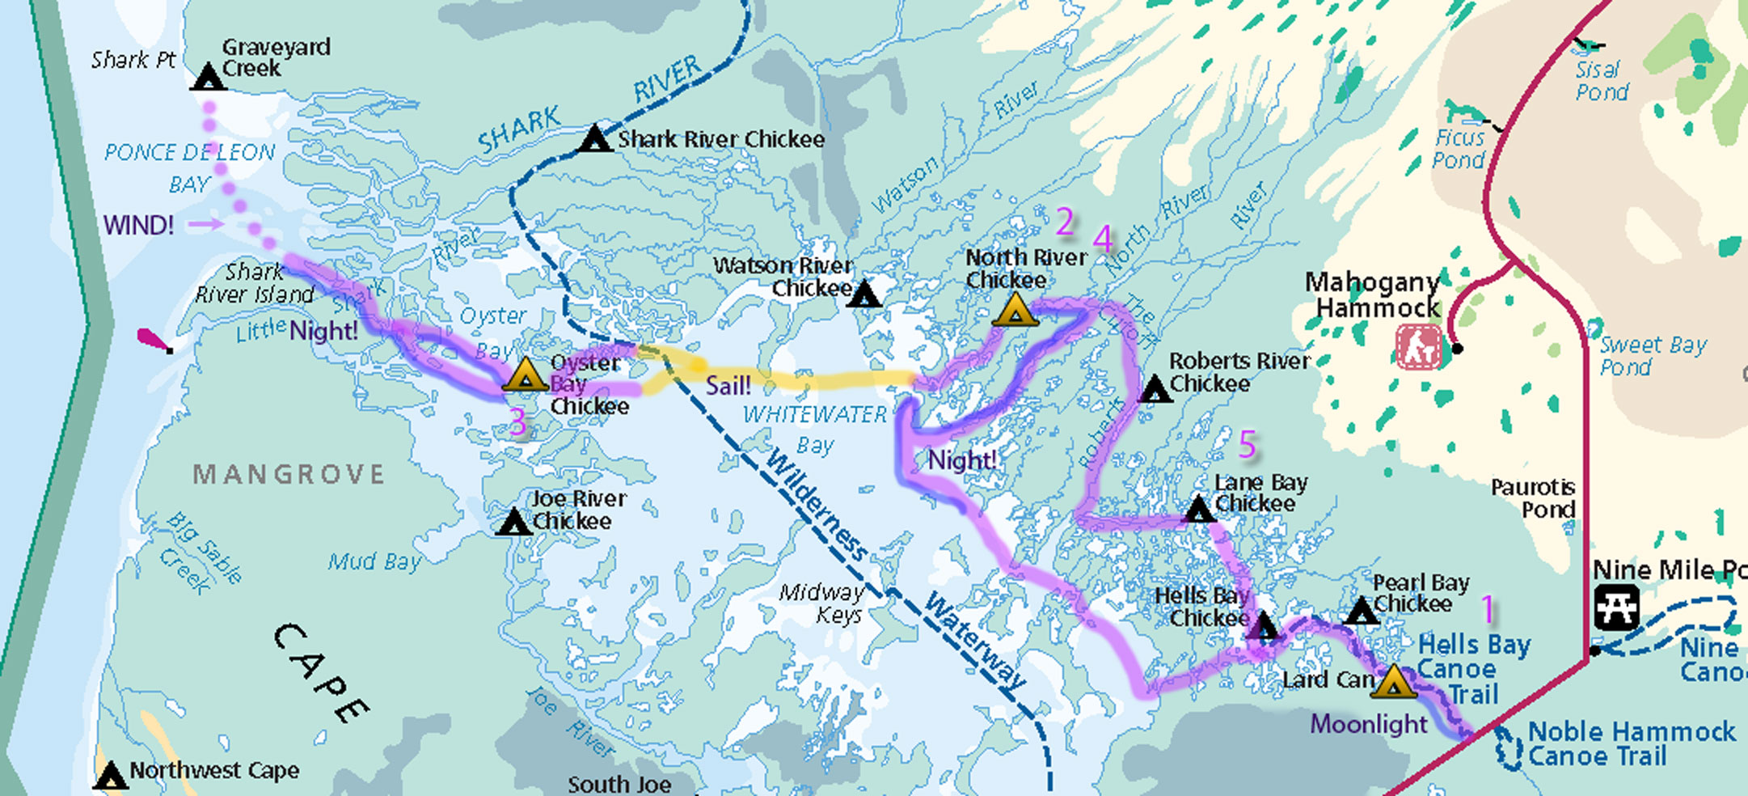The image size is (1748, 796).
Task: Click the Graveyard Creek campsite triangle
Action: click(x=209, y=77)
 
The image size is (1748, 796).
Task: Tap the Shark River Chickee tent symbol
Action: click(x=596, y=139)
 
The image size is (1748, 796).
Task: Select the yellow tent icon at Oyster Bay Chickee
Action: click(x=526, y=375)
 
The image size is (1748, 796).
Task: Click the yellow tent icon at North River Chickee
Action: click(x=1015, y=311)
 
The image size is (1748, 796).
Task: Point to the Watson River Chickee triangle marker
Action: click(x=864, y=294)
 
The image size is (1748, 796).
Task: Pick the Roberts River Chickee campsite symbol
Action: click(x=1155, y=389)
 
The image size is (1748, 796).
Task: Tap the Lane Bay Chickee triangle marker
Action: click(x=1198, y=510)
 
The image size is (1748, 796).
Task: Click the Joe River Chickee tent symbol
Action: click(x=513, y=522)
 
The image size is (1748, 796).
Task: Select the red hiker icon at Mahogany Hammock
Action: click(x=1418, y=347)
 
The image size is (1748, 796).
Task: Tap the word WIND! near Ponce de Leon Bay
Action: click(x=138, y=225)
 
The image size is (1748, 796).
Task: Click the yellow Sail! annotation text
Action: click(x=728, y=386)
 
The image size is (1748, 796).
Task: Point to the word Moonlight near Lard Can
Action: click(x=1368, y=724)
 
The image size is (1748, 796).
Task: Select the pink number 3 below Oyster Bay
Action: click(x=517, y=422)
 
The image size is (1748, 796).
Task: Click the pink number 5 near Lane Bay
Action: click(x=1248, y=444)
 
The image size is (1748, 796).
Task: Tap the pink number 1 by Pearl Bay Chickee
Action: click(x=1488, y=608)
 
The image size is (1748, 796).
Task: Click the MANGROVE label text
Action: click(x=288, y=474)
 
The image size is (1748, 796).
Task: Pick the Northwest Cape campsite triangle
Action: click(x=110, y=776)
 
